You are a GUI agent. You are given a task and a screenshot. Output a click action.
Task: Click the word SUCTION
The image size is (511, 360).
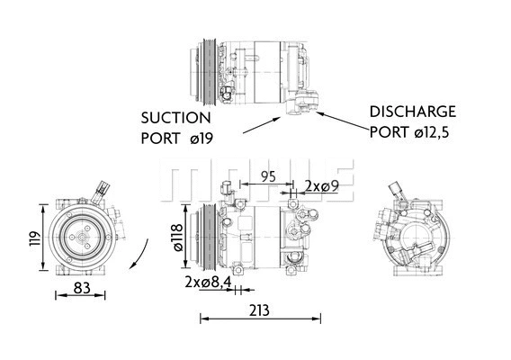pyautogui.click(x=176, y=118)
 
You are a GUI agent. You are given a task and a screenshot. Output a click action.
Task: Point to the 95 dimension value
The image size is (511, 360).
pyautogui.click(x=267, y=176)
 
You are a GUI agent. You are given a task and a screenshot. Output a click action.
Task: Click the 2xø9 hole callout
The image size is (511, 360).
pyautogui.click(x=321, y=185)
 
